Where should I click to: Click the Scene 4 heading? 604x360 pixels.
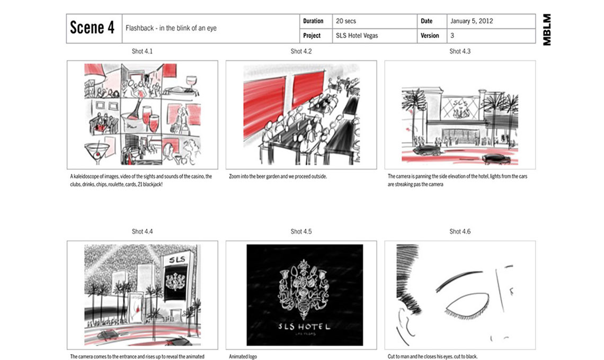coord(92,28)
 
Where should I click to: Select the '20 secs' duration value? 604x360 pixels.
coord(345,21)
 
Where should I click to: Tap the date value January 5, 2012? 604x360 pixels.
coord(472,21)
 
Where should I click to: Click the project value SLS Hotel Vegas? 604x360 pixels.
coord(357,36)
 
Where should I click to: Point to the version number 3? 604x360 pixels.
coord(452,36)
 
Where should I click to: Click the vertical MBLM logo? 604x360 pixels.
coord(547,30)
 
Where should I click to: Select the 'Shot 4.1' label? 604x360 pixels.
coord(142,51)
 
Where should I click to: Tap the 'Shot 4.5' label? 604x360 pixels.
coord(301,231)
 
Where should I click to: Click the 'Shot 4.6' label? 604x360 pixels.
coord(460,231)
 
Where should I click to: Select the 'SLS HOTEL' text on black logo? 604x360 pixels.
coord(305,327)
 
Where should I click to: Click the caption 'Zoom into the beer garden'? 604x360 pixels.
coord(278,176)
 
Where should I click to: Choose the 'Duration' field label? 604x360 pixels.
coord(313,21)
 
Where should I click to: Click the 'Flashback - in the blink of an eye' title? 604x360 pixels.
coord(171,28)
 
